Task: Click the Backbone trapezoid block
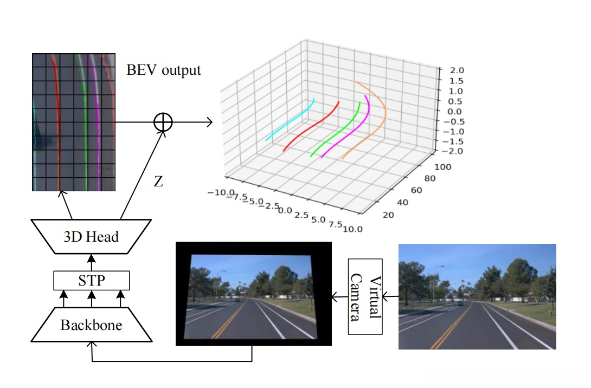(x=91, y=325)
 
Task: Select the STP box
(x=92, y=281)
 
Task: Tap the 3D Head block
(x=91, y=236)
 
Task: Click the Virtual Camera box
(x=365, y=298)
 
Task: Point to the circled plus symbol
(x=163, y=122)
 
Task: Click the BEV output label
(x=164, y=70)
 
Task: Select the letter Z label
(x=158, y=182)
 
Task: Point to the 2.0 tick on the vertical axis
(x=450, y=70)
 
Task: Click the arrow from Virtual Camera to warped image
(x=339, y=297)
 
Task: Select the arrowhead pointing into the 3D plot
(x=209, y=122)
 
